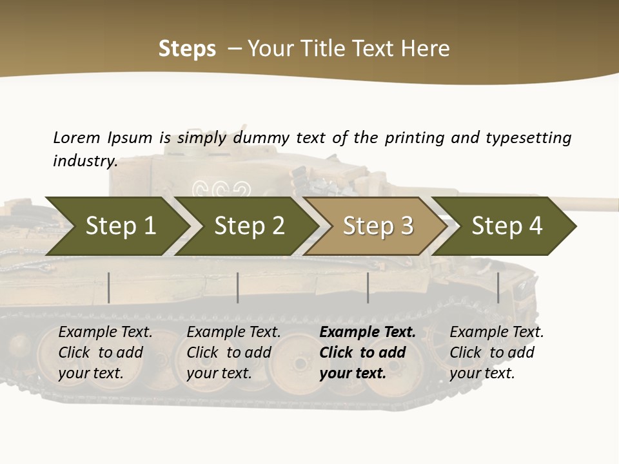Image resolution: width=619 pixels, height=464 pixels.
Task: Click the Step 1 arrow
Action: click(120, 226)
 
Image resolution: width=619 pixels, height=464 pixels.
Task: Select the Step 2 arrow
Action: click(249, 226)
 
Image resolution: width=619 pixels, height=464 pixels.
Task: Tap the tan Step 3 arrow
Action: click(378, 226)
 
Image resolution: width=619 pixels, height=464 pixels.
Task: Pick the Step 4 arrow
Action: click(507, 226)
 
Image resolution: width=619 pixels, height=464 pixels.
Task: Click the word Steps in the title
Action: click(187, 49)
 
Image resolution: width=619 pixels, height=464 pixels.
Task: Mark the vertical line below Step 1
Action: click(109, 287)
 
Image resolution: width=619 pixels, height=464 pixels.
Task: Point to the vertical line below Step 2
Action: click(238, 287)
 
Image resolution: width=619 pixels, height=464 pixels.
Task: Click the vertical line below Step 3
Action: click(368, 287)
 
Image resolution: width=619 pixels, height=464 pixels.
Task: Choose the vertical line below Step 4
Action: click(498, 287)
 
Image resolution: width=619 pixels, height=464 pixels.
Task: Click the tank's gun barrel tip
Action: click(614, 205)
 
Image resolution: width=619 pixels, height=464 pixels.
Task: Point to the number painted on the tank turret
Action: click(222, 189)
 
